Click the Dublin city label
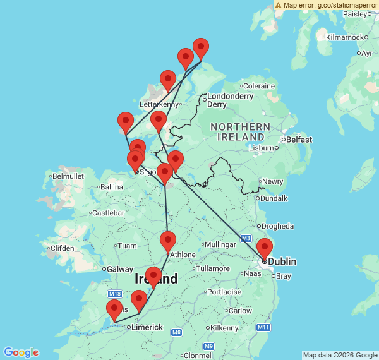click(x=282, y=261)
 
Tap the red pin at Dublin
click(x=265, y=248)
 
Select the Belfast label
click(x=299, y=139)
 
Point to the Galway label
click(x=120, y=269)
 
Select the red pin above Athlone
click(x=167, y=241)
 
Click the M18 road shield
click(x=114, y=294)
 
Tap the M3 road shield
click(x=246, y=237)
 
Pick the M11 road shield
click(x=263, y=327)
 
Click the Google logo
click(x=21, y=352)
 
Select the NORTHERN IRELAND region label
click(x=241, y=131)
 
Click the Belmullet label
click(x=68, y=176)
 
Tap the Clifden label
click(x=62, y=248)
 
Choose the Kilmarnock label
click(x=344, y=37)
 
